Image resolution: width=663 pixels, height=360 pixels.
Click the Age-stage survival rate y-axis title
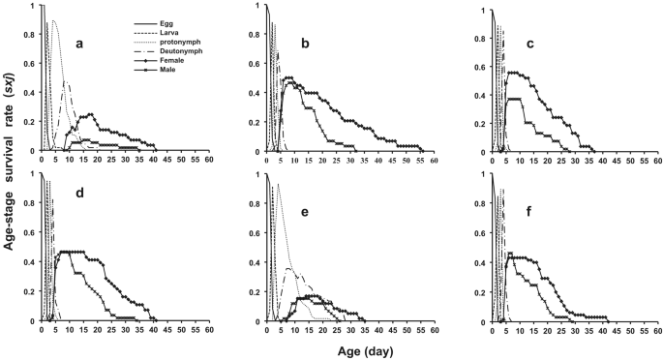tap(10, 165)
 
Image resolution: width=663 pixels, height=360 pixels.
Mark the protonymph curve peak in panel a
tap(53, 20)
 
